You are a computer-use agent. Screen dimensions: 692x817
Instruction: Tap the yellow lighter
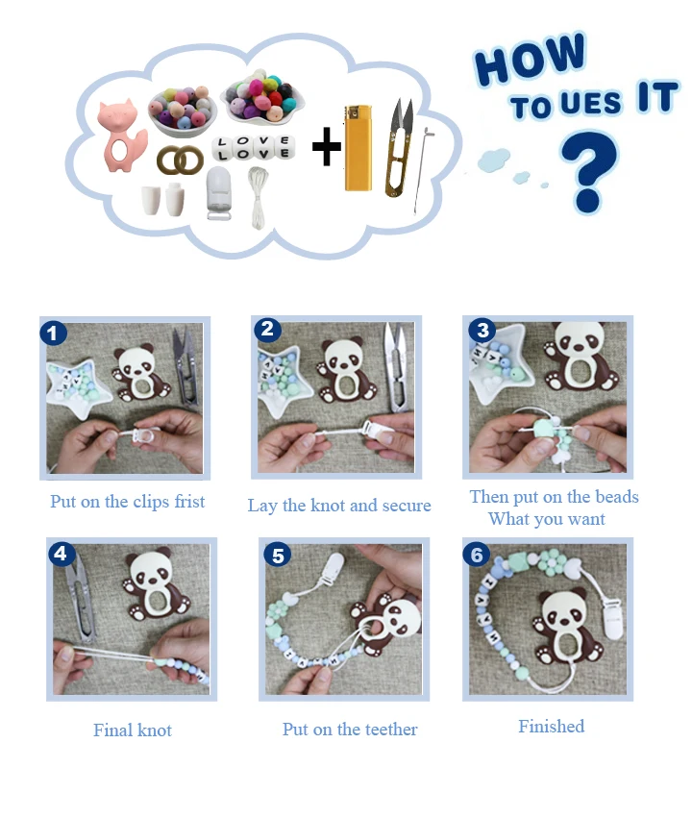[x=358, y=148]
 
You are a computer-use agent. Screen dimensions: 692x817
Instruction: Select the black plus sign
[x=327, y=146]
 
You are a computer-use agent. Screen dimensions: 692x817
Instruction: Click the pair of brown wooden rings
[x=181, y=160]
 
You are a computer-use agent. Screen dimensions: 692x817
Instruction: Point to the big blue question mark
[x=589, y=171]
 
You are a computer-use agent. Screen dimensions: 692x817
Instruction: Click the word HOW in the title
[x=531, y=59]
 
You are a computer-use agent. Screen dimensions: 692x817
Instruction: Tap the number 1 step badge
[x=53, y=334]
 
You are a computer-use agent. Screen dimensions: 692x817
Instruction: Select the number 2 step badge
[x=267, y=330]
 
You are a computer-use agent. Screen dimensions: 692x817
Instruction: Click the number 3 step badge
[x=482, y=330]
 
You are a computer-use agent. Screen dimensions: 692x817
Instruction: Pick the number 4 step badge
[x=61, y=554]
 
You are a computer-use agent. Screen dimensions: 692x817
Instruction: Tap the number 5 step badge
[x=277, y=556]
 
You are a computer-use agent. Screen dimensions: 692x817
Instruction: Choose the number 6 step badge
[x=477, y=555]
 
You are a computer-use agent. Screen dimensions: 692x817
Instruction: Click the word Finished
[x=552, y=726]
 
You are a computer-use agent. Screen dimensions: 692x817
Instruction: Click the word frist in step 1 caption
[x=189, y=501]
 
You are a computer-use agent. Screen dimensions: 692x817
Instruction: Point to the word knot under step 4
[x=154, y=730]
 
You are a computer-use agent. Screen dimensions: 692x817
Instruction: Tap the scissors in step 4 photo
[x=82, y=598]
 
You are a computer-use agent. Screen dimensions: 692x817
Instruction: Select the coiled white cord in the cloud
[x=259, y=197]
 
